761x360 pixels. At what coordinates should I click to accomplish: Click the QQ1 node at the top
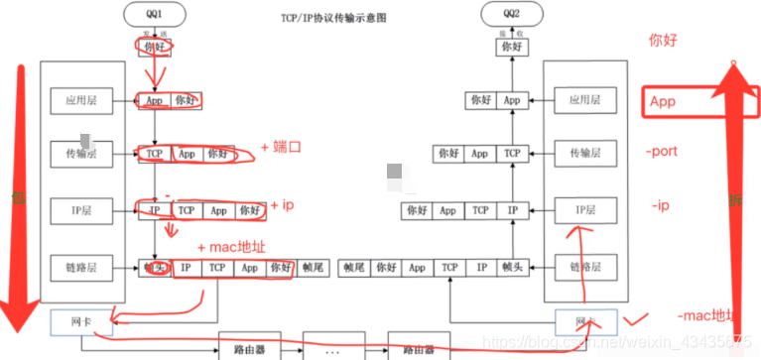pyautogui.click(x=153, y=14)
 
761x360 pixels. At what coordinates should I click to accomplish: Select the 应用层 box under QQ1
pyautogui.click(x=76, y=100)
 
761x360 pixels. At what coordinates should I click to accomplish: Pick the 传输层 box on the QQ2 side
pyautogui.click(x=580, y=154)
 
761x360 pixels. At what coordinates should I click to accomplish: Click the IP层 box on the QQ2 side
pyautogui.click(x=580, y=210)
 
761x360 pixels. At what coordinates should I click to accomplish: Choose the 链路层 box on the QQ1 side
pyautogui.click(x=76, y=267)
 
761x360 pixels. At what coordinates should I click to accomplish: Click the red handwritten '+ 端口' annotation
pyautogui.click(x=282, y=147)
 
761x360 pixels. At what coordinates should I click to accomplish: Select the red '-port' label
pyautogui.click(x=662, y=153)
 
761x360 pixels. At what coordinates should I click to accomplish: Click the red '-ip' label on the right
pyautogui.click(x=663, y=206)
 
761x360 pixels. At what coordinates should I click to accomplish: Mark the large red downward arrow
pyautogui.click(x=14, y=198)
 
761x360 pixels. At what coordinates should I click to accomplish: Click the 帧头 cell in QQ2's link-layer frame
pyautogui.click(x=512, y=268)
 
